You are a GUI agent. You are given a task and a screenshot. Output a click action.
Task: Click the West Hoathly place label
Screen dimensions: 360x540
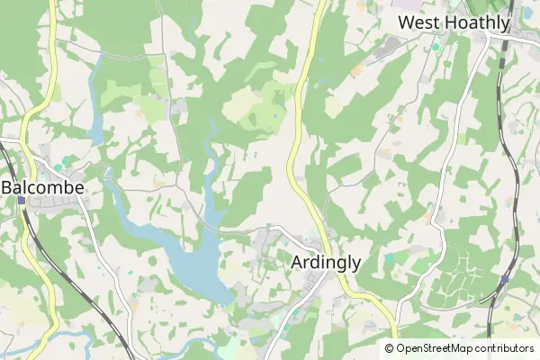[454, 22]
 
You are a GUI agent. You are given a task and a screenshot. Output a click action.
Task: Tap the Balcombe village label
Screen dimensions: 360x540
[43, 187]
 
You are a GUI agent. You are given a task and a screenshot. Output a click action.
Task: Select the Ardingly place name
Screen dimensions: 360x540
[327, 262]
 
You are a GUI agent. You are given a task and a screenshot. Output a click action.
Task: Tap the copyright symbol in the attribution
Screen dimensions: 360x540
[390, 348]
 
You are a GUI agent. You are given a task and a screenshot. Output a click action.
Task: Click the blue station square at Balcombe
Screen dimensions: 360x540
[21, 200]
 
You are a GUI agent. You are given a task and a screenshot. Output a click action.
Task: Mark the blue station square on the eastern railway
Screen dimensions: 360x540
[504, 279]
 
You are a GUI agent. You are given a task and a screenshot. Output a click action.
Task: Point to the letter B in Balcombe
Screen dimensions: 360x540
[9, 187]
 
